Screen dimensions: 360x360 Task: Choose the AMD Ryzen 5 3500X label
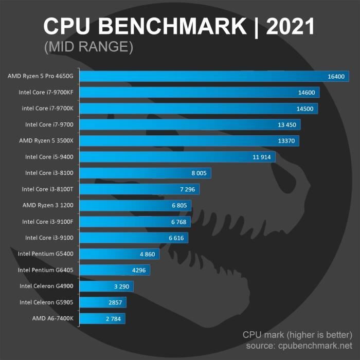click(x=48, y=140)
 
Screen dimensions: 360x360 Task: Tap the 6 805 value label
click(x=178, y=205)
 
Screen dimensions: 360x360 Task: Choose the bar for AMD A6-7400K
click(x=103, y=318)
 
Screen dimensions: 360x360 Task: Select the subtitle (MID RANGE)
click(x=89, y=47)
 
